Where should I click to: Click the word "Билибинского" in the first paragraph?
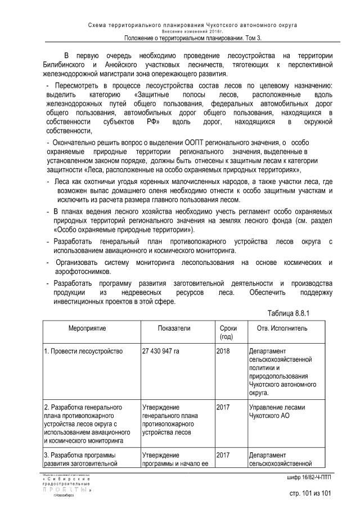[x=66, y=65]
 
